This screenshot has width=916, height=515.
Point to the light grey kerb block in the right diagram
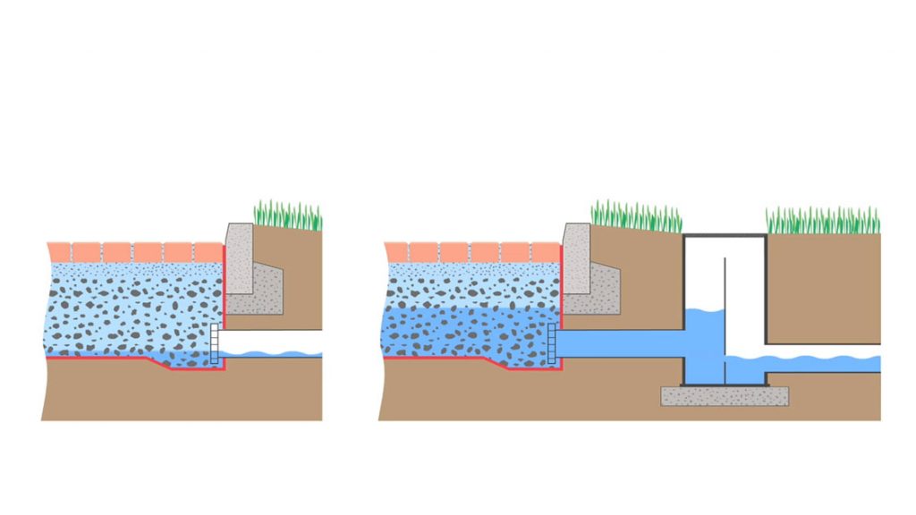click(574, 259)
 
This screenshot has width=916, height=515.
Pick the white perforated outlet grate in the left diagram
click(214, 345)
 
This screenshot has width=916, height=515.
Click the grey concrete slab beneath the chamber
click(725, 395)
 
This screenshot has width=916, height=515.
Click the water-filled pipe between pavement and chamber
click(622, 344)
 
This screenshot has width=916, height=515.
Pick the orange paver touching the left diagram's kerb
click(208, 251)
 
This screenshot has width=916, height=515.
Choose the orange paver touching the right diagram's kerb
click(545, 251)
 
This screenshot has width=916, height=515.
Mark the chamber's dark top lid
click(725, 235)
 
